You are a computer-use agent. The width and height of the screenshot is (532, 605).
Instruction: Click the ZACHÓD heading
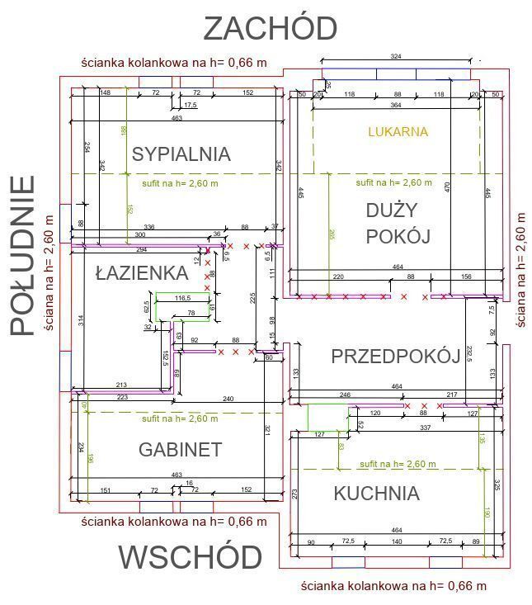pos(270,28)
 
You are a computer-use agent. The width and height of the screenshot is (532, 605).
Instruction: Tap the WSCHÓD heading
pos(190,557)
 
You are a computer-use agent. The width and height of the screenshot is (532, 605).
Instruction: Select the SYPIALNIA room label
pos(181,154)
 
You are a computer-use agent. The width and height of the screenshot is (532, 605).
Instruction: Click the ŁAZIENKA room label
pos(142,272)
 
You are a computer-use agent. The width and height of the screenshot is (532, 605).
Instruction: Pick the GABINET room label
pos(180,449)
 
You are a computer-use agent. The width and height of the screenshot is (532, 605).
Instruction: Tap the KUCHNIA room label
pos(376,494)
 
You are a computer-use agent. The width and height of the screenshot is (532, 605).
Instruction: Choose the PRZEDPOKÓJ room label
pos(395,357)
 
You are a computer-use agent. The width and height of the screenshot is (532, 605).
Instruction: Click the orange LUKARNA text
pos(398,131)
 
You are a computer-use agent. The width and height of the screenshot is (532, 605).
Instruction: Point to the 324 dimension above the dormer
pos(396,56)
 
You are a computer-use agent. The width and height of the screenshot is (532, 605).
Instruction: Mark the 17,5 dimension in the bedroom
pos(191,105)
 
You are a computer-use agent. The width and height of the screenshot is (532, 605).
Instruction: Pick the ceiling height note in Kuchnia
pos(398,464)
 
